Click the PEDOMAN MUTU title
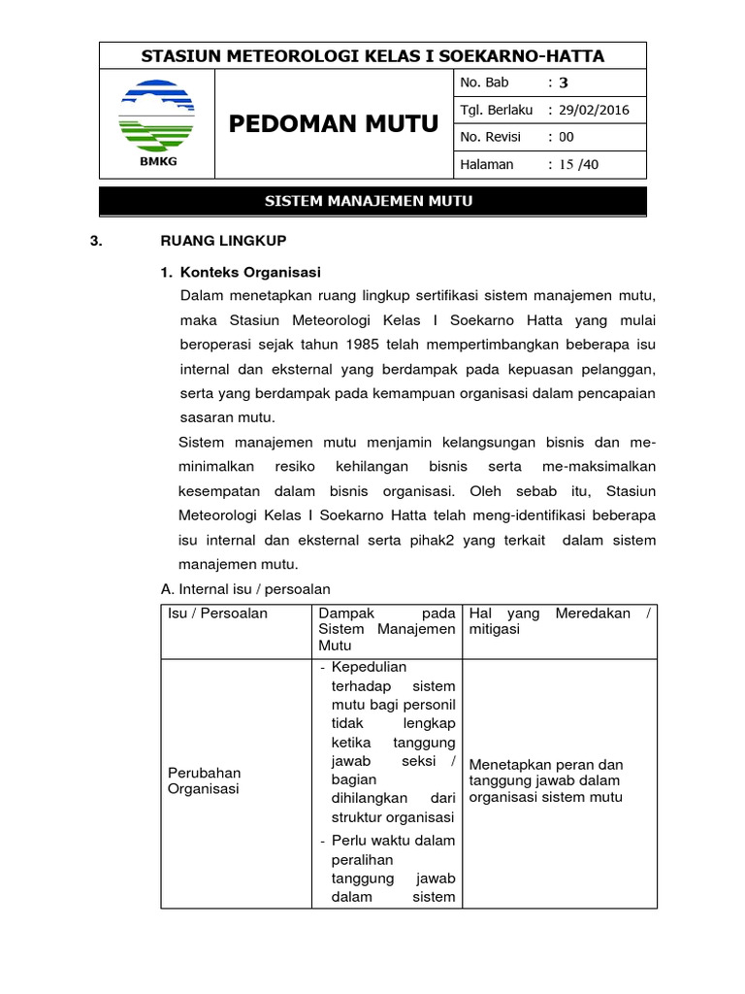pyautogui.click(x=333, y=123)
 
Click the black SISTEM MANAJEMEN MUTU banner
pyautogui.click(x=372, y=201)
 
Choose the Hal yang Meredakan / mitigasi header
pyautogui.click(x=560, y=621)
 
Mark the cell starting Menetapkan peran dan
pyautogui.click(x=546, y=780)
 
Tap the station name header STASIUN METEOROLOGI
pyautogui.click(x=372, y=56)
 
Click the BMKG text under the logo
pyautogui.click(x=157, y=161)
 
